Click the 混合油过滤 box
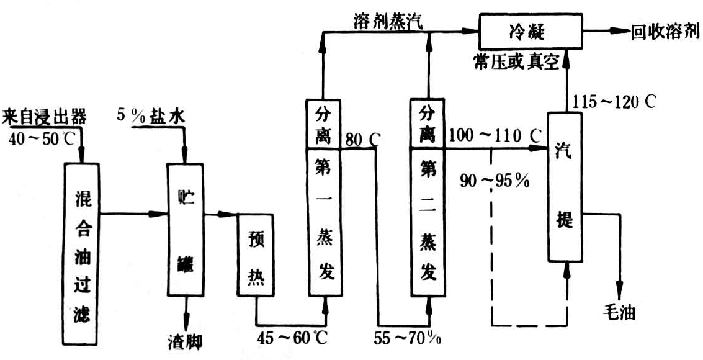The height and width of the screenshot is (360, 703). coord(81,253)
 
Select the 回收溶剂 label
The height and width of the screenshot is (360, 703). coord(665,32)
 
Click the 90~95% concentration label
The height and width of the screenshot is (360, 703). coord(495,182)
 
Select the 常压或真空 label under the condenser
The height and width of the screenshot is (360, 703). coord(516,62)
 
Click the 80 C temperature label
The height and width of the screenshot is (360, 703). coord(362,139)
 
